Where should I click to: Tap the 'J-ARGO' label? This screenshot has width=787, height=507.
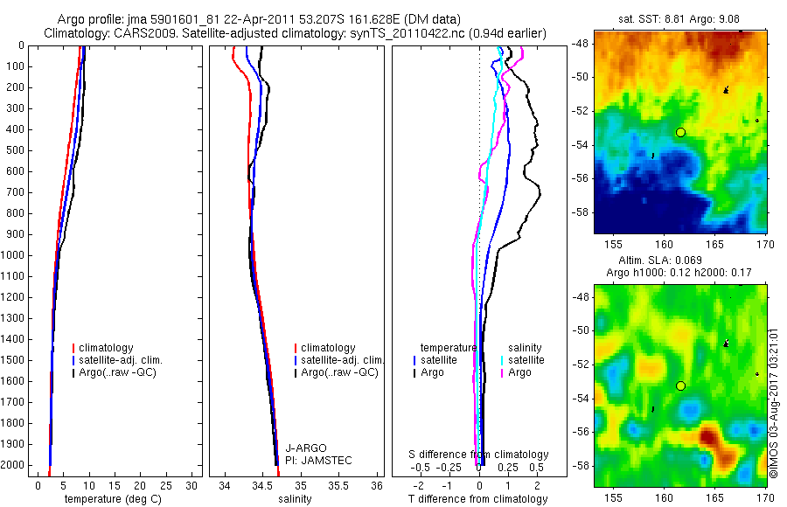(303, 448)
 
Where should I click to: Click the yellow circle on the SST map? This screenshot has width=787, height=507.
(680, 132)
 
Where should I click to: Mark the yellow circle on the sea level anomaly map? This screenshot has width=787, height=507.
(680, 385)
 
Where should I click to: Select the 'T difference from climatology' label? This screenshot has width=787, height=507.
(477, 499)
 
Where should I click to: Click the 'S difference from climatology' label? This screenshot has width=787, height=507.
(479, 455)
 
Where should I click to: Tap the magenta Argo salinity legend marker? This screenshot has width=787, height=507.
(502, 372)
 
